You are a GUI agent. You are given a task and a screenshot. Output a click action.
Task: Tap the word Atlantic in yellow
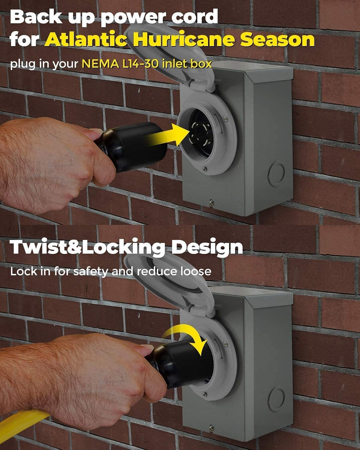[x=86, y=39]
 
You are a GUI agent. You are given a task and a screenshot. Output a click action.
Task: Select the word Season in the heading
[x=277, y=39]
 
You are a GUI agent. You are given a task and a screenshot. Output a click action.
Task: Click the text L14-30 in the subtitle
[x=140, y=64]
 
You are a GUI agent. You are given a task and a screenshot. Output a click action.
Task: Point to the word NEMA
[x=100, y=64]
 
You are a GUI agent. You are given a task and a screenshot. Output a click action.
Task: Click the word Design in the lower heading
[x=207, y=248]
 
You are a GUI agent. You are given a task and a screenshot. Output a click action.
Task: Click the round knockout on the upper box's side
[x=276, y=173]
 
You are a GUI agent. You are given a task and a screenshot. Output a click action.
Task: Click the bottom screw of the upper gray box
[x=211, y=202]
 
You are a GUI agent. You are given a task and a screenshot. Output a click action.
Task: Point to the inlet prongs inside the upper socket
[x=200, y=134]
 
